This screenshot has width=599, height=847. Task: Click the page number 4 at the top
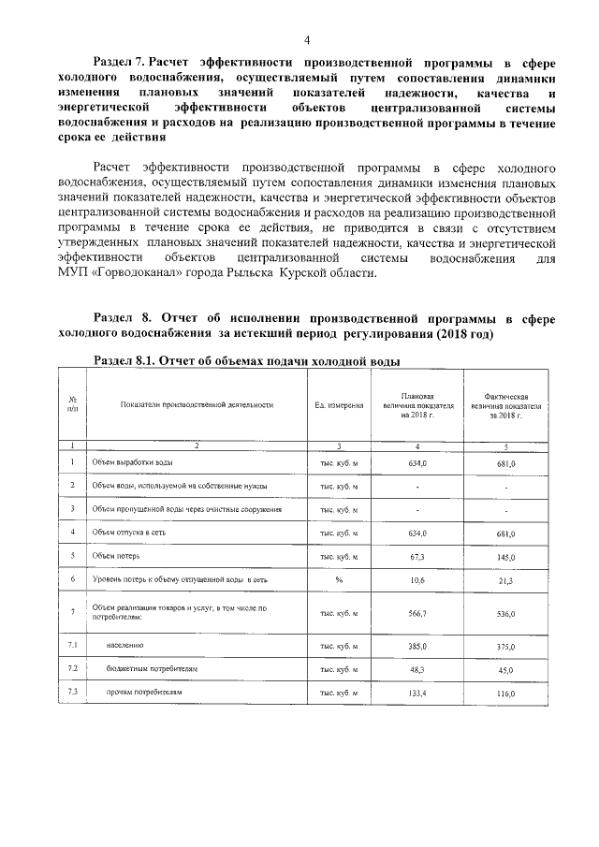(x=305, y=38)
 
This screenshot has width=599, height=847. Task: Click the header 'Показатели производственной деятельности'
(x=197, y=405)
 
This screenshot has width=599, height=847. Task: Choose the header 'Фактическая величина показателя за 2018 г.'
(x=507, y=405)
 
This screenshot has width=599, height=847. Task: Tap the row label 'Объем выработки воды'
(x=132, y=463)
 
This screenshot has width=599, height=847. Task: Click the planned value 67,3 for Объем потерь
(x=417, y=556)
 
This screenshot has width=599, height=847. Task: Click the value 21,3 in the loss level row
(x=506, y=580)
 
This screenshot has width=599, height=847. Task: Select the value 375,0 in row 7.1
(x=506, y=647)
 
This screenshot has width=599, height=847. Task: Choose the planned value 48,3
(x=417, y=669)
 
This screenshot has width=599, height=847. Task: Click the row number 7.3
(x=72, y=692)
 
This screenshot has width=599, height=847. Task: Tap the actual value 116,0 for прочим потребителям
(x=506, y=694)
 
